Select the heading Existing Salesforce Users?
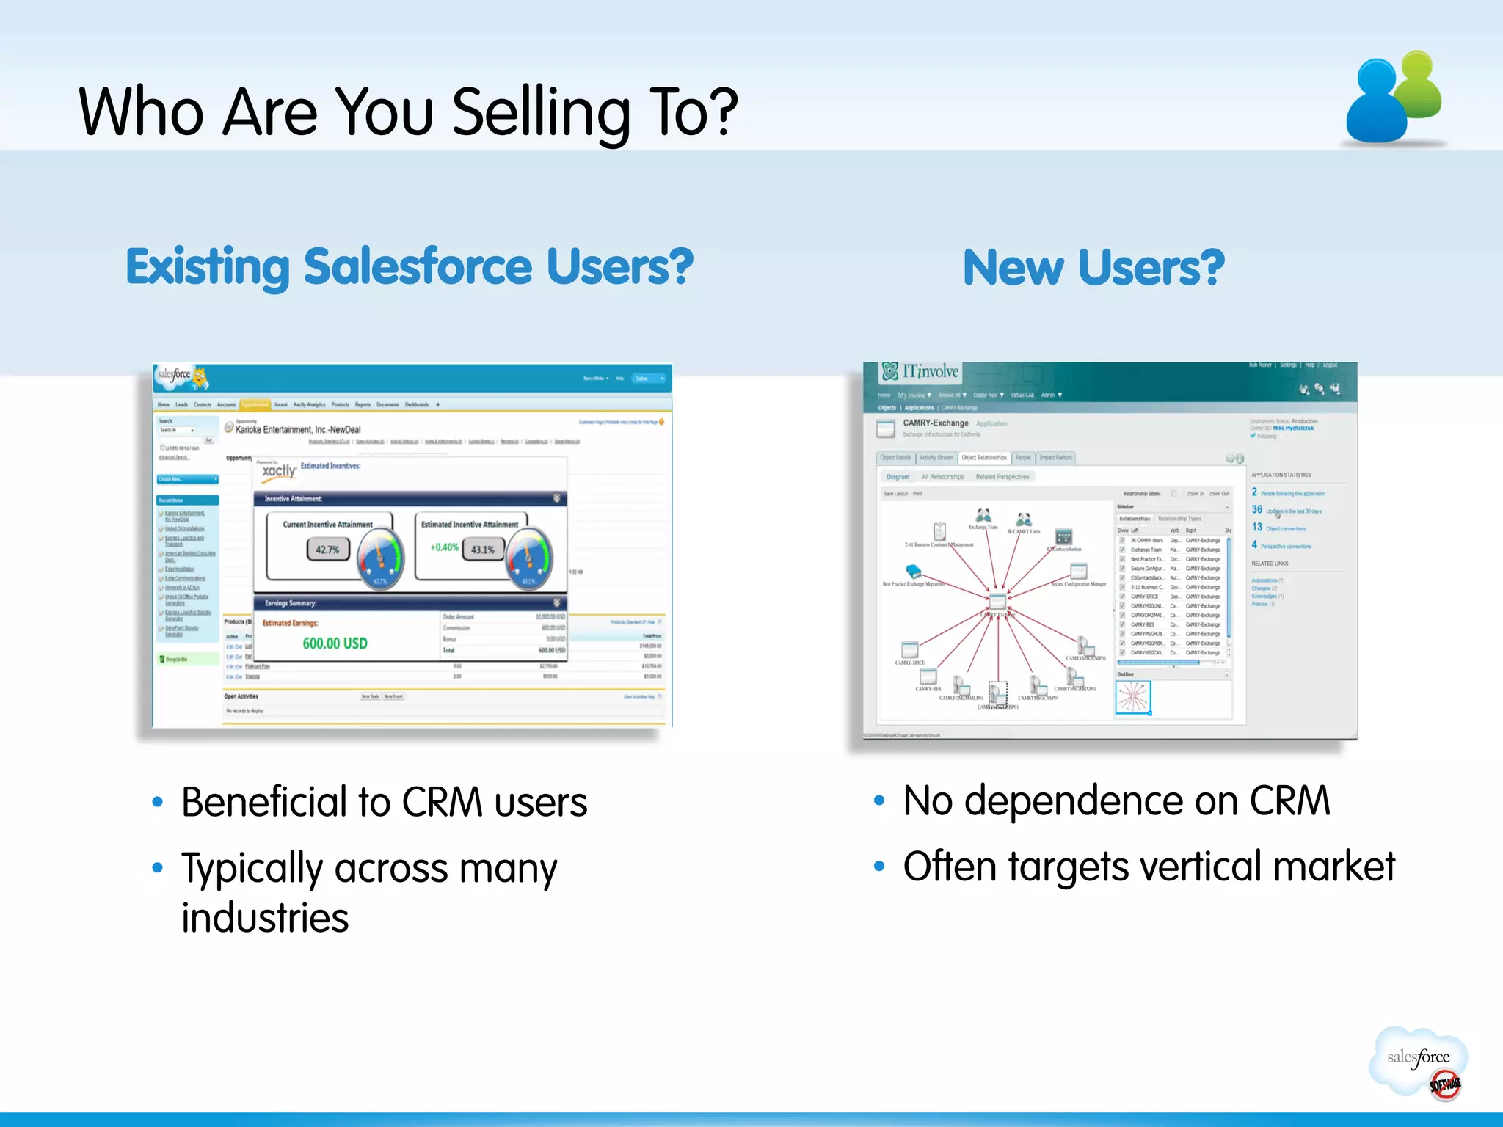coord(410,267)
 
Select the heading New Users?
coord(1093,268)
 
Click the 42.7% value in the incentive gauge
coord(327,550)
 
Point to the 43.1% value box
coord(483,550)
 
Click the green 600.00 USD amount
coord(335,643)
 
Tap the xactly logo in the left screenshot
coord(279,470)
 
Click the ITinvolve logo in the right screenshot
coord(921,372)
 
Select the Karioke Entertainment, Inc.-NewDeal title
coord(298,430)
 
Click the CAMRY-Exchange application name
coord(935,423)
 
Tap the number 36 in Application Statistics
coord(1257,509)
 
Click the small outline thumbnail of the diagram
coord(1133,697)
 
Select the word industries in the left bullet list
coord(265,918)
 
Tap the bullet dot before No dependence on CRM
coord(879,800)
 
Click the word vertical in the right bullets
coord(1197,867)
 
